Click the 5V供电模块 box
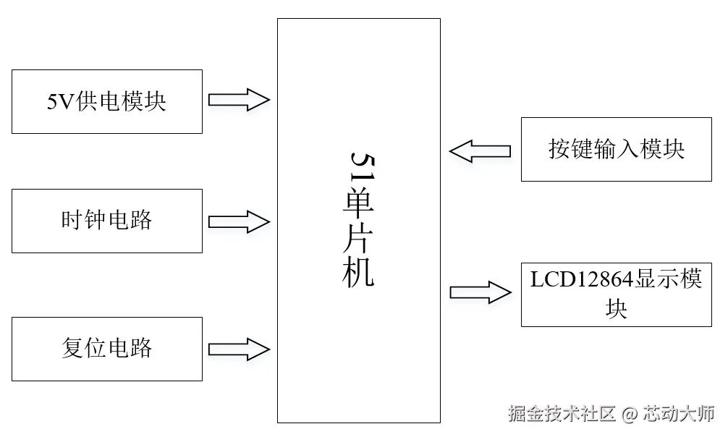[107, 101]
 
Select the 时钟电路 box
[107, 221]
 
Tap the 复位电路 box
[107, 349]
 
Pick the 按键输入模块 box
[616, 150]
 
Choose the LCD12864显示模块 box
[616, 294]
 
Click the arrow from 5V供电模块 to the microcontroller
[239, 100]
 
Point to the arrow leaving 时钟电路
[239, 221]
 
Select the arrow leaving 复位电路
[239, 349]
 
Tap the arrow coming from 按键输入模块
[480, 151]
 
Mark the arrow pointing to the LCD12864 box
[480, 292]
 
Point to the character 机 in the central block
[360, 273]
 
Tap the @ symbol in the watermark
[630, 414]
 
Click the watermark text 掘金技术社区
[561, 414]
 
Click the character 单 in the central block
[360, 200]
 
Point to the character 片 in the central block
[360, 237]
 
